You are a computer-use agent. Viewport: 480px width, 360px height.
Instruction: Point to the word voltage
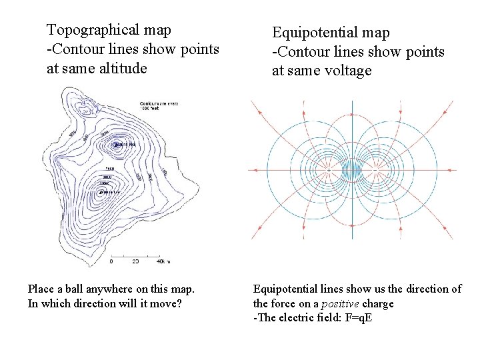pyautogui.click(x=349, y=71)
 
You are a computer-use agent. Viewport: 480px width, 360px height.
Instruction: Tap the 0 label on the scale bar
pyautogui.click(x=111, y=261)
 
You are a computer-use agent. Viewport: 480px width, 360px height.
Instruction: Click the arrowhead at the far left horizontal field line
pyautogui.click(x=257, y=170)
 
